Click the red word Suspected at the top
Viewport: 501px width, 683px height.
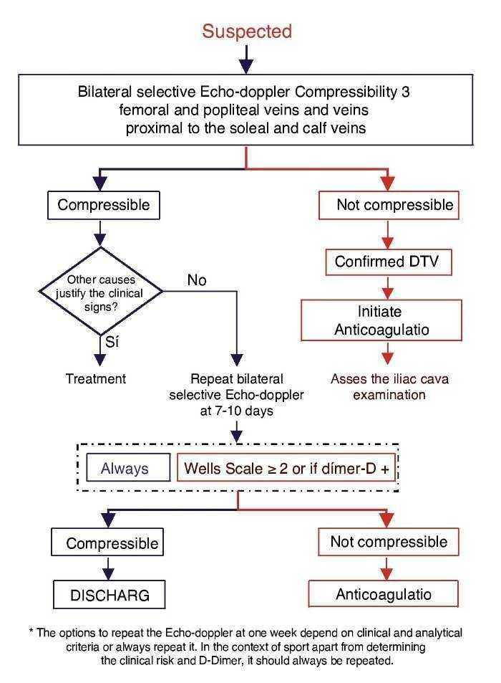247,32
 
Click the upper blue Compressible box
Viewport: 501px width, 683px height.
104,205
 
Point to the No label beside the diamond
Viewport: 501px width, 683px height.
197,280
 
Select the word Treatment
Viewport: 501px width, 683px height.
96,378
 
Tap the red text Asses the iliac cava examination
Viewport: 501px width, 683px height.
389,386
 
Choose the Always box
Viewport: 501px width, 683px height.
125,469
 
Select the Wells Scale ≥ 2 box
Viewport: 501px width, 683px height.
286,469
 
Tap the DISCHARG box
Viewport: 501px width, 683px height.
110,594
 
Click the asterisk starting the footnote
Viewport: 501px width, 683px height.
31,634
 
